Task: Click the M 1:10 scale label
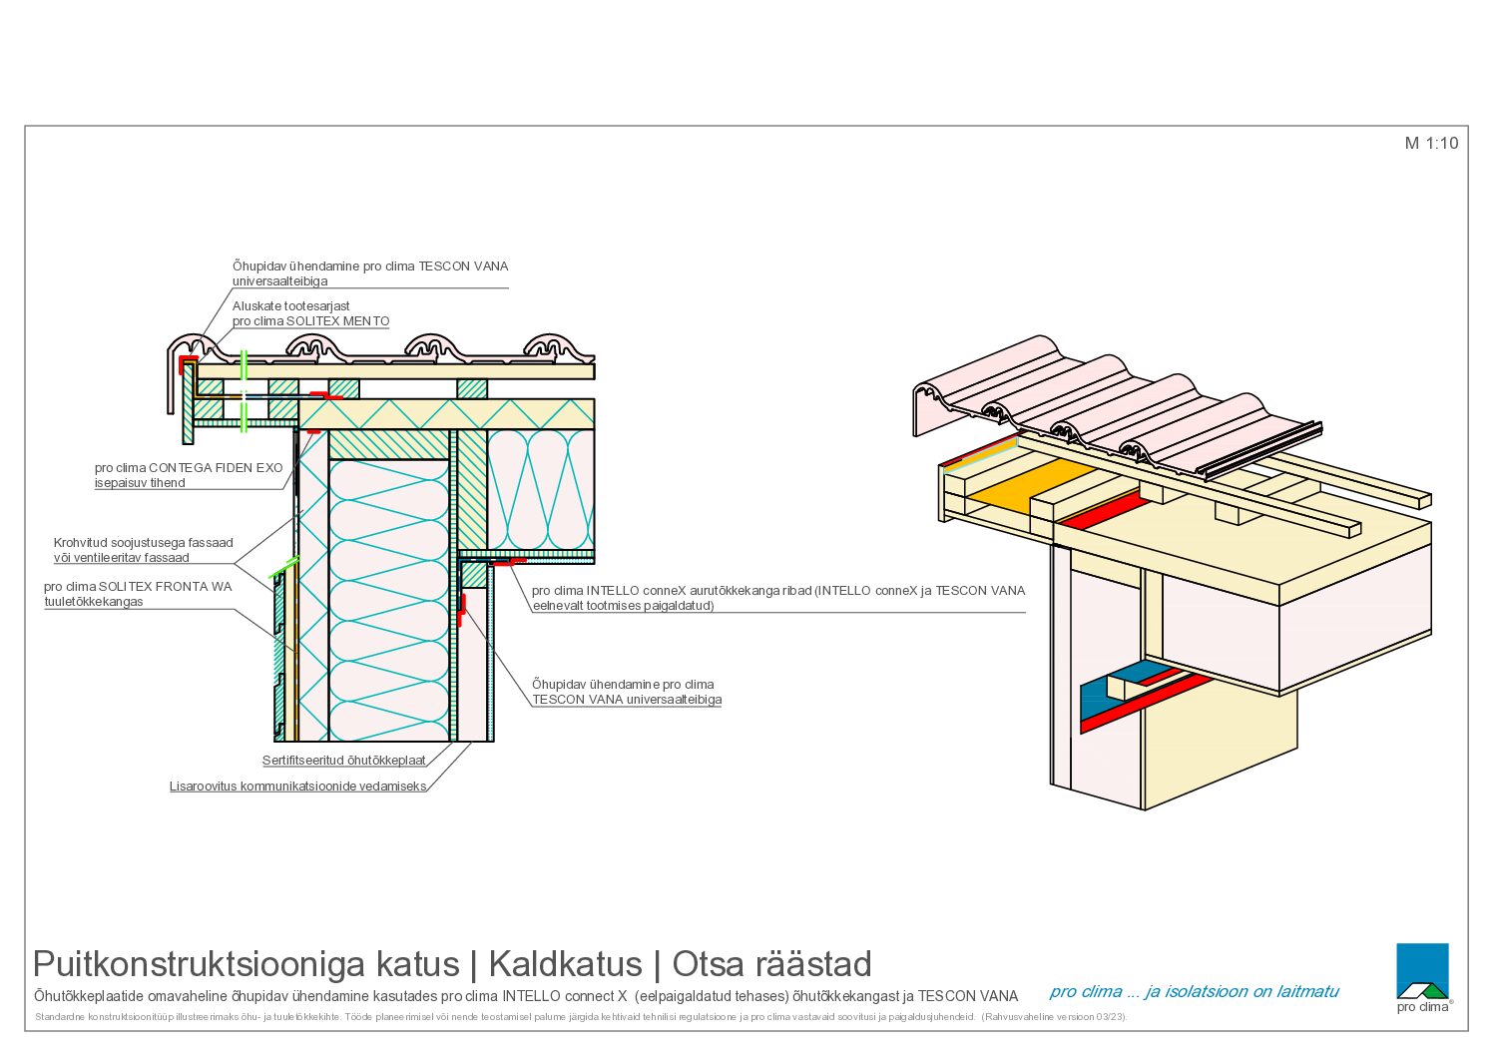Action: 1431,143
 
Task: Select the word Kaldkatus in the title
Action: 565,964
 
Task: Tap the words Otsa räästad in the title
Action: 771,964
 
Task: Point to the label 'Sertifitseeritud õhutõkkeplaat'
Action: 344,760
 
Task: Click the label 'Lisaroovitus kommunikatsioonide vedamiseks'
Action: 297,786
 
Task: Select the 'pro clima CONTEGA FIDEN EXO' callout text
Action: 189,468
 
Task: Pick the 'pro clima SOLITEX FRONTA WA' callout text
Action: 138,586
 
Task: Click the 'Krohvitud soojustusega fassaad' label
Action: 144,542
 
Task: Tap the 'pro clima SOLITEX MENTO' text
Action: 310,320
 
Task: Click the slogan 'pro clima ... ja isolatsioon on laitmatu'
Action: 1194,991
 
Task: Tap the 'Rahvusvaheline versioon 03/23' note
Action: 1054,1017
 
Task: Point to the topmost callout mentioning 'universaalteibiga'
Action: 370,273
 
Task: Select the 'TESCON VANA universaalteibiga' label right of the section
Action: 627,699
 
